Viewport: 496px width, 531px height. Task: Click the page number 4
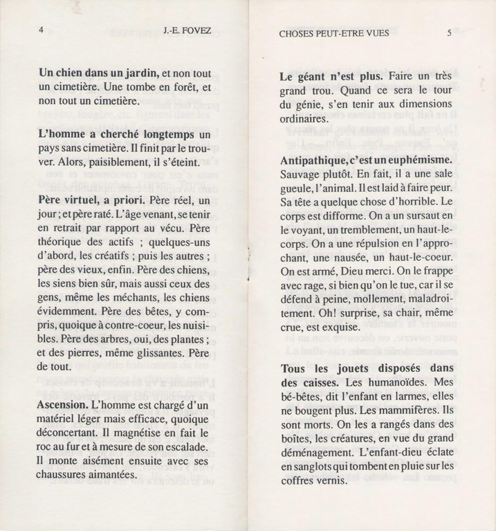pyautogui.click(x=41, y=30)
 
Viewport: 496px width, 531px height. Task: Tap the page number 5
pyautogui.click(x=449, y=33)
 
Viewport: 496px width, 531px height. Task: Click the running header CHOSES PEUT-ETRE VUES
pyautogui.click(x=333, y=33)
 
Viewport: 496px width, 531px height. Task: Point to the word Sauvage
pyautogui.click(x=301, y=173)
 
